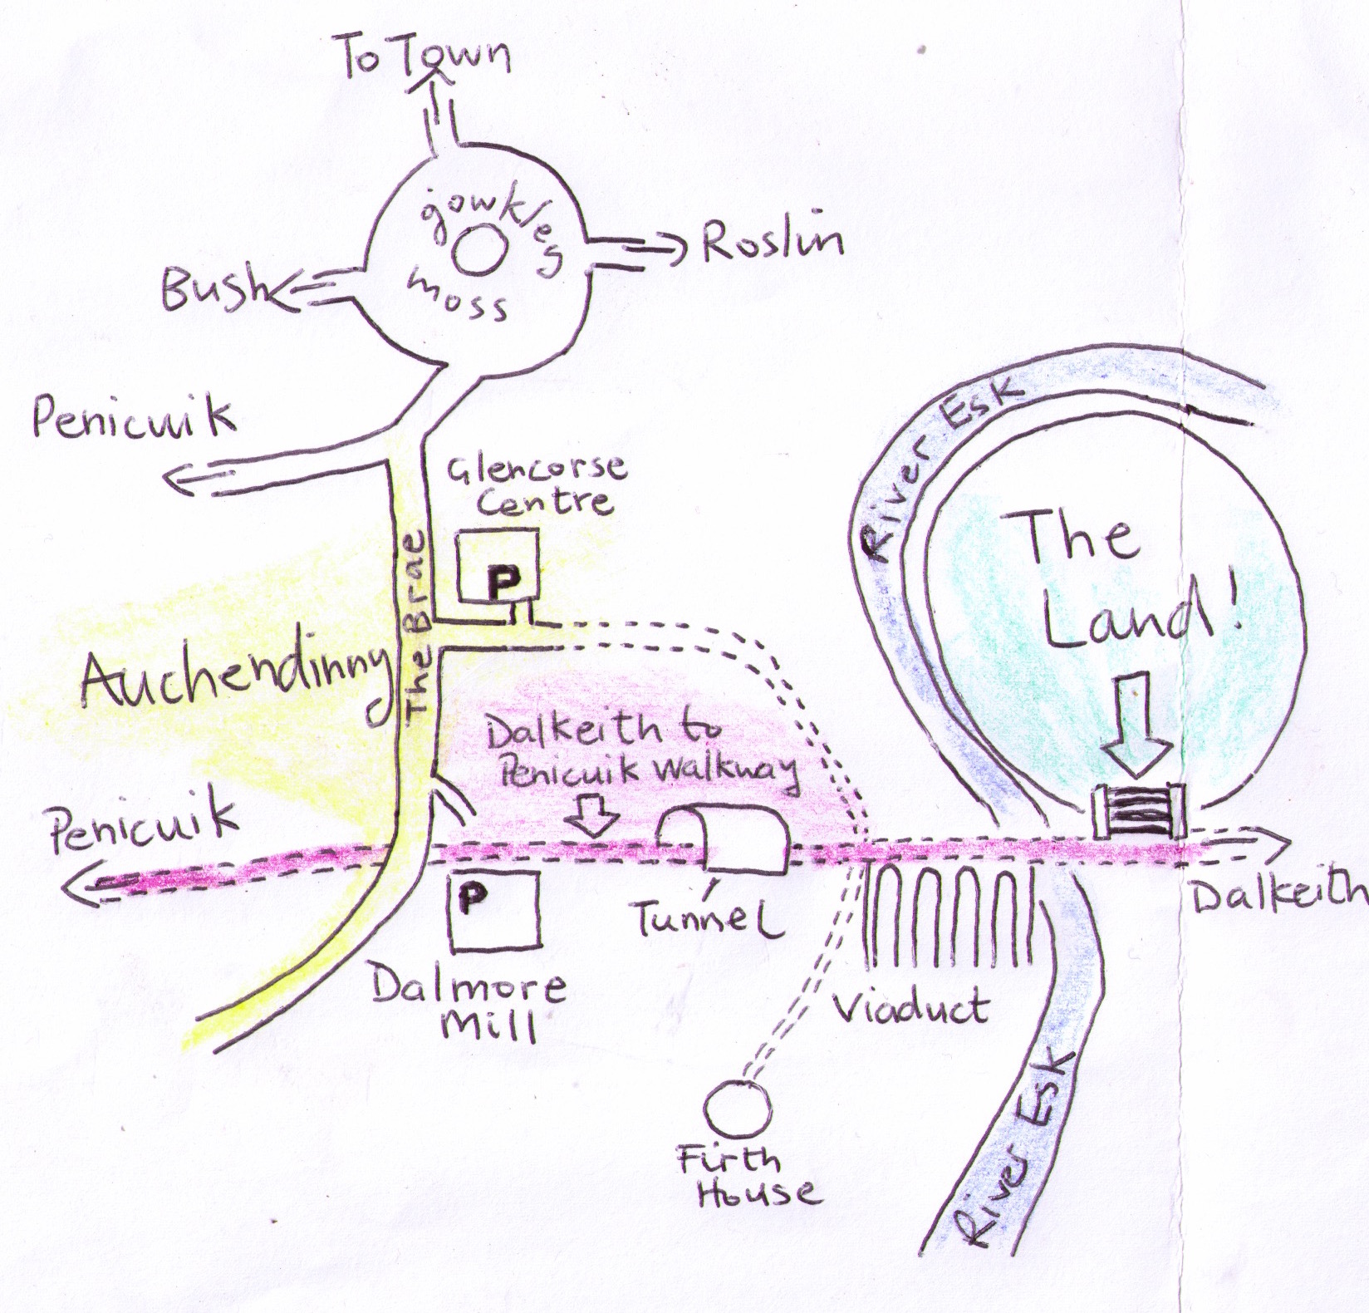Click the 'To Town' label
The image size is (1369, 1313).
click(x=424, y=60)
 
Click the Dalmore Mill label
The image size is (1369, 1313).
click(x=469, y=1005)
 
